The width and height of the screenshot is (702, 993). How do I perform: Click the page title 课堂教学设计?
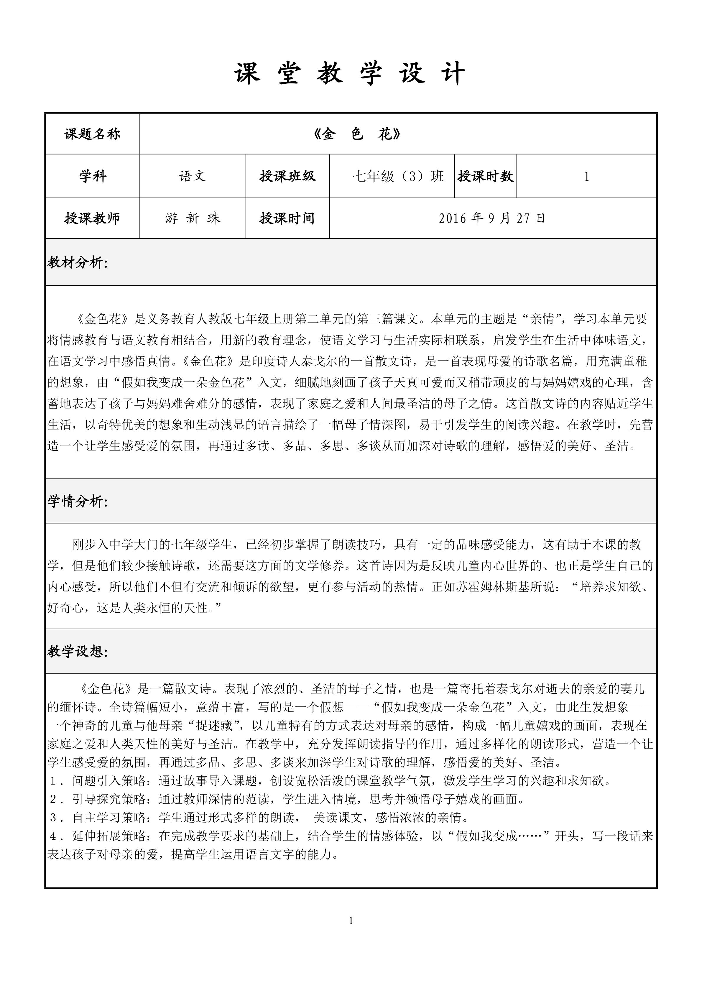tap(350, 73)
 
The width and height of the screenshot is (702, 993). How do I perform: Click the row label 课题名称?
tap(92, 134)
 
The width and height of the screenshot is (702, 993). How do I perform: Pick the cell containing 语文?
tap(193, 176)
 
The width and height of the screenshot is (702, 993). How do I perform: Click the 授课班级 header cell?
tap(288, 176)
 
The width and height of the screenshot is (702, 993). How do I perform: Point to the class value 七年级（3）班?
tap(398, 176)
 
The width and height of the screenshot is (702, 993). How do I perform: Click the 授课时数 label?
tap(485, 176)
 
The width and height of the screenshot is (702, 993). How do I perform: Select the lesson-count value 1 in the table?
tap(586, 176)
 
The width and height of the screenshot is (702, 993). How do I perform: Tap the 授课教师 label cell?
tap(92, 218)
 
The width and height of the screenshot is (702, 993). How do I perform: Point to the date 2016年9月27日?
tap(492, 218)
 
